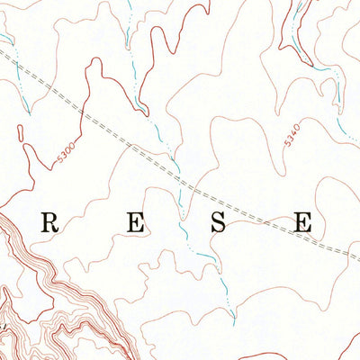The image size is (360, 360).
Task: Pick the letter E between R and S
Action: click(136, 223)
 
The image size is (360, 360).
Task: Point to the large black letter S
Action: click(219, 223)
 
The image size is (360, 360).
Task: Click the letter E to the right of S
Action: click(303, 223)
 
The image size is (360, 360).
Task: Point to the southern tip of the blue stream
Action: click(235, 317)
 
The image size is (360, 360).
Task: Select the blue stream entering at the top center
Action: click(129, 27)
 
